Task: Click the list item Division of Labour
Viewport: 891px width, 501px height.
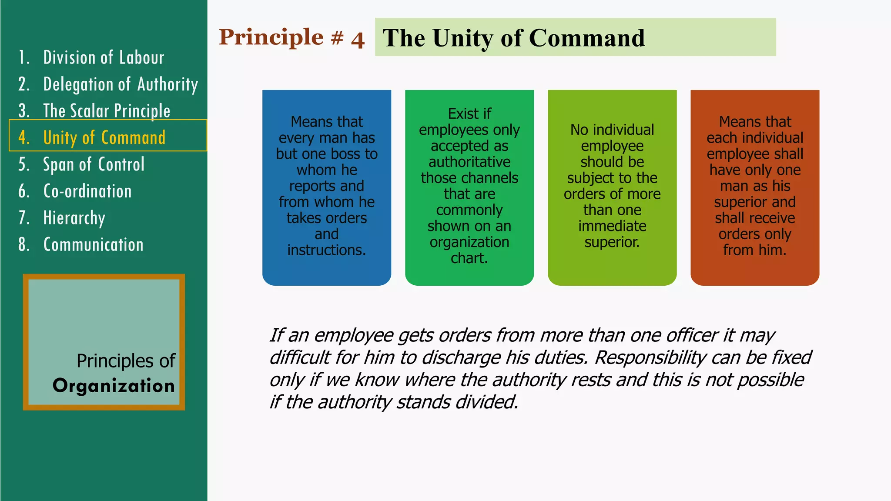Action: pos(104,58)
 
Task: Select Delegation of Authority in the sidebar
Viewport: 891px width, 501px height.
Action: pos(121,84)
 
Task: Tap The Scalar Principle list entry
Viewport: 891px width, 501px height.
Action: pos(107,111)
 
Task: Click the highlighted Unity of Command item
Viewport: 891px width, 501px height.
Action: pos(104,138)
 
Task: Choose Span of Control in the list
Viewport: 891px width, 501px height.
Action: pos(94,165)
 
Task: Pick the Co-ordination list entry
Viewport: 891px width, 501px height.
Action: pos(87,191)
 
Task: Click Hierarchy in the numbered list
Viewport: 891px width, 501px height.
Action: pos(74,218)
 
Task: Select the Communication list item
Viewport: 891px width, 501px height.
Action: pos(94,245)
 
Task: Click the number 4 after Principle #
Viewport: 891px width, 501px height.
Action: pos(358,40)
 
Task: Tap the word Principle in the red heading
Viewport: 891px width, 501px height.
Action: pos(271,37)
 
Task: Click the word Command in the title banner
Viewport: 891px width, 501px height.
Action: pos(587,38)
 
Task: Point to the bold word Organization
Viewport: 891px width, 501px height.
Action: pos(114,386)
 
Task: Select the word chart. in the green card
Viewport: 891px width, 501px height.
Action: pos(469,258)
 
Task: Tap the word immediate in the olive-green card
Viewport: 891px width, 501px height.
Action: pos(612,226)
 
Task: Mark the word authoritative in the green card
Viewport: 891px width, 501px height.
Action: pos(469,162)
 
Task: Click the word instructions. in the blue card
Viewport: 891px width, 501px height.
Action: pos(326,250)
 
